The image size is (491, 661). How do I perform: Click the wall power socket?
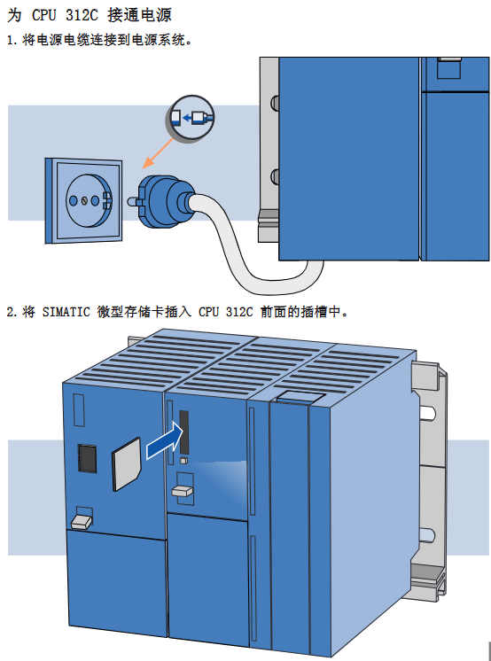pos(83,200)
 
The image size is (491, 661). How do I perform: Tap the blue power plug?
pos(167,201)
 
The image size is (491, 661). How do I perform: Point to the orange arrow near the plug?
pos(158,153)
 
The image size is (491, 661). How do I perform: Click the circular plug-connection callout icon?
pos(190,118)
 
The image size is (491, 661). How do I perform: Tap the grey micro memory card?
pos(126,464)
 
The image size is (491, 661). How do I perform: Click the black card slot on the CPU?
pos(184,432)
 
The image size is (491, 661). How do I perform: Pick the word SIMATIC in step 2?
pos(66,312)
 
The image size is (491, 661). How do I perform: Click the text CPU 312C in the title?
pos(65,16)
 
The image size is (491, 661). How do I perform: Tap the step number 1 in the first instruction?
pos(11,41)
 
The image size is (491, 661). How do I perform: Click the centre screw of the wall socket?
pos(84,200)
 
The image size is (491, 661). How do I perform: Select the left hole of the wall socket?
pos(74,200)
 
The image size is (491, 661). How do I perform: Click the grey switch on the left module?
pos(82,522)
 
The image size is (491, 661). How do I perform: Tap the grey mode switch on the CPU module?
pos(183,491)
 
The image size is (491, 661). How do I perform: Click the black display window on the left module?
pos(87,458)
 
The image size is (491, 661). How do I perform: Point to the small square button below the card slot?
pos(183,461)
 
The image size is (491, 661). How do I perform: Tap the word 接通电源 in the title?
pos(140,16)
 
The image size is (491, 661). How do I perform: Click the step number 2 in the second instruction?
pos(11,313)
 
